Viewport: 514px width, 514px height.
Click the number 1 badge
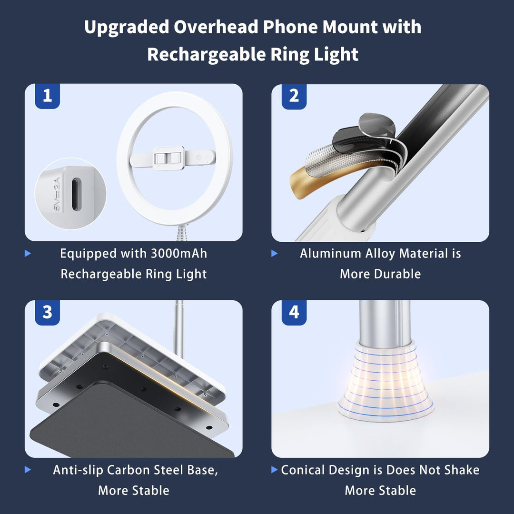tap(48, 96)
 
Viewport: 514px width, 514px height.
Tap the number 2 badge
tap(294, 96)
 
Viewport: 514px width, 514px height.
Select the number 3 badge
tap(48, 312)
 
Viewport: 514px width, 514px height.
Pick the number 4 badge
tap(294, 312)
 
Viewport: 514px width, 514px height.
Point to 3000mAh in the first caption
tap(179, 253)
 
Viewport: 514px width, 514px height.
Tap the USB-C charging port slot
tap(76, 194)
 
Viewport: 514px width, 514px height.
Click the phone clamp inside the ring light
tap(169, 158)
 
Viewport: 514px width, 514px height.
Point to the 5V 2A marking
tap(57, 194)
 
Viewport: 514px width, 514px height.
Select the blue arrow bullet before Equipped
tap(28, 253)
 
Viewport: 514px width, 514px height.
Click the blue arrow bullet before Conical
tap(275, 470)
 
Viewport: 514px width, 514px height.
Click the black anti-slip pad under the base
tap(131, 423)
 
